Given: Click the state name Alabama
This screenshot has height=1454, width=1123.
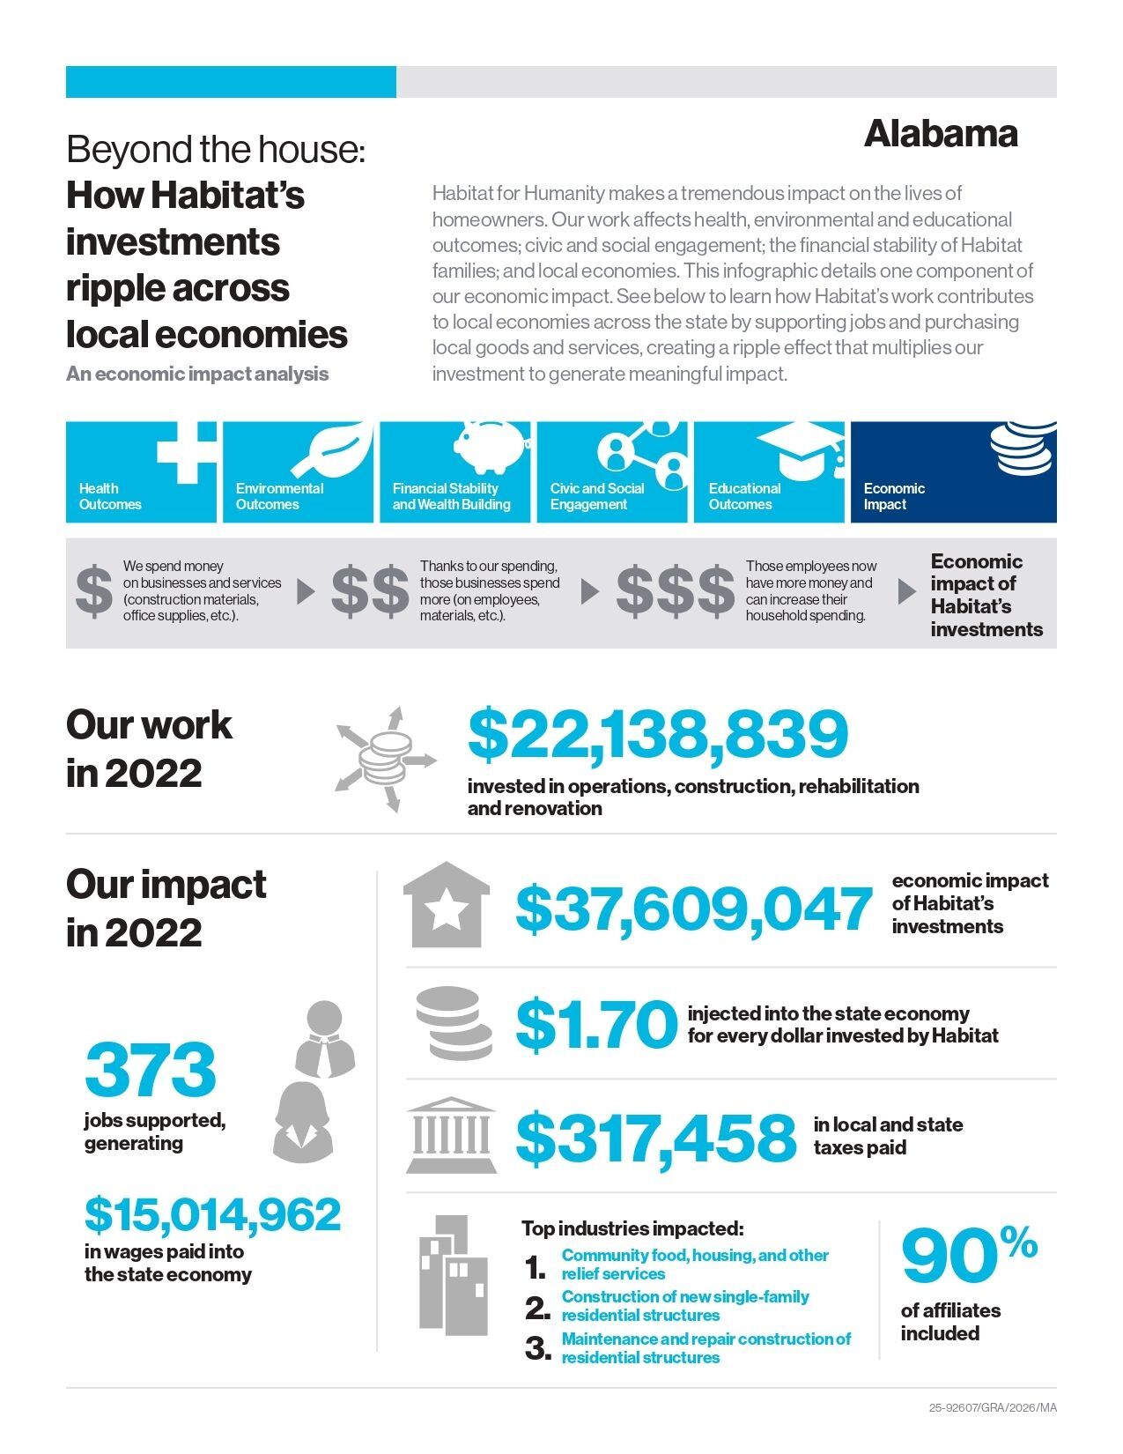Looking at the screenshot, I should pos(941,134).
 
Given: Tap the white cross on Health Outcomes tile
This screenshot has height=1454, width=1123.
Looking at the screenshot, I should pos(187,451).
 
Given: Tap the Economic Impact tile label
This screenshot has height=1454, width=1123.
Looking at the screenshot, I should pos(894,496).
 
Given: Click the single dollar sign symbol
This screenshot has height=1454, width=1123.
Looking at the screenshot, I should pos(93,590).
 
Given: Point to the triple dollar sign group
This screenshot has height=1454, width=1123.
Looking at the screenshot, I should pos(675,590).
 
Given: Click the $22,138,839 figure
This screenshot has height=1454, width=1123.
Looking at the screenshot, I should pos(657,734).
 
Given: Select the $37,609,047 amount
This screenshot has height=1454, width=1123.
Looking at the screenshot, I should pos(693,909).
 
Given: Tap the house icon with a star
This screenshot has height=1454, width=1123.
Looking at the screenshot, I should pos(447,905).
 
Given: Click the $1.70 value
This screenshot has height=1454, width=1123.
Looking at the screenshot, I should pos(595,1024).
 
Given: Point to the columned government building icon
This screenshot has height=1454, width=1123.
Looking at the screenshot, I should pos(450,1135).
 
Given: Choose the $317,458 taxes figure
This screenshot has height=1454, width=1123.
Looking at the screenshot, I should pos(655,1137).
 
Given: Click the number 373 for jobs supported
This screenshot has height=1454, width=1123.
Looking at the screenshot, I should pos(151,1070).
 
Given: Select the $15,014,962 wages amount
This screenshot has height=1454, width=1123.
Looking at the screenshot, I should pos(212,1214).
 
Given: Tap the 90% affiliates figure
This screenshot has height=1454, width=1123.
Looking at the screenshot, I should pos(968,1255).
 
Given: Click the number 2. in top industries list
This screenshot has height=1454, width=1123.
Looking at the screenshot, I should pos(537,1309).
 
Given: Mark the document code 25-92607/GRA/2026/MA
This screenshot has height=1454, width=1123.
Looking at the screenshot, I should pos(992,1407).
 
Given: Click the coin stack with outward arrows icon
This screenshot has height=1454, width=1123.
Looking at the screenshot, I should pos(386,757).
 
